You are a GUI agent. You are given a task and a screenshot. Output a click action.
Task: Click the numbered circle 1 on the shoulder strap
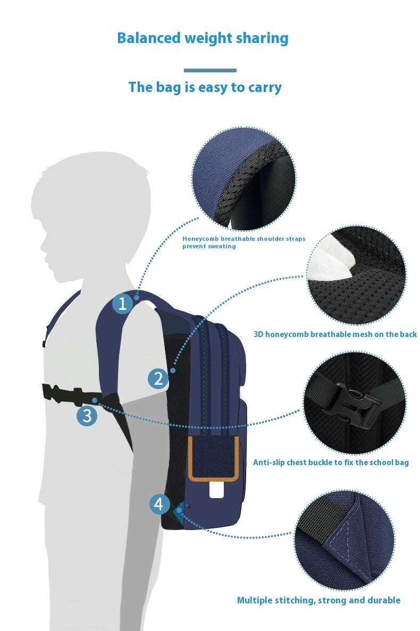(x=123, y=304)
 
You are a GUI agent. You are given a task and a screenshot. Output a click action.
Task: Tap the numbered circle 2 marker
(x=158, y=378)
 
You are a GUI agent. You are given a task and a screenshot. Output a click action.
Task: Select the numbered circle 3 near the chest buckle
(x=87, y=416)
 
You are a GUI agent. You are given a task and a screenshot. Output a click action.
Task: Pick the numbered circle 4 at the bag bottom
(x=159, y=504)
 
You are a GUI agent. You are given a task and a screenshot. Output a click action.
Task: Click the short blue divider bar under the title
(x=210, y=70)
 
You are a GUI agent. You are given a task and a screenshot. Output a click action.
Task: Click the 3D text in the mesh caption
(x=258, y=334)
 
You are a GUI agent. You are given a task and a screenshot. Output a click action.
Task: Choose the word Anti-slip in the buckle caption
(x=268, y=462)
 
